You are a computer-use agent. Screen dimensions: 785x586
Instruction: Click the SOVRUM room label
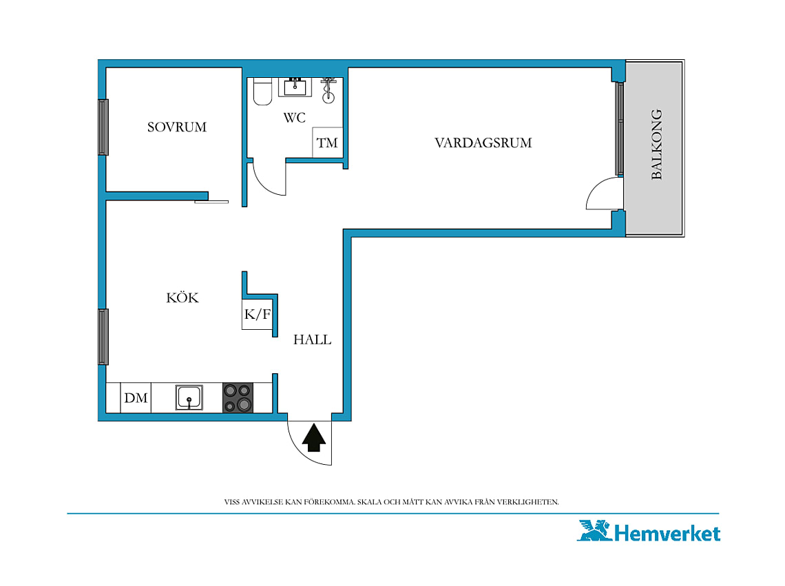click(177, 127)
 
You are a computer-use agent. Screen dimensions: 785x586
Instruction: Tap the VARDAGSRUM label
click(483, 143)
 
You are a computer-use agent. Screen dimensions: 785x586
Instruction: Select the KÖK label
click(182, 297)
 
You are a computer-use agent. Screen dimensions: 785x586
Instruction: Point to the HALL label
click(312, 339)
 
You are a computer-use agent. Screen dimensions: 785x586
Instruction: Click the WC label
click(295, 118)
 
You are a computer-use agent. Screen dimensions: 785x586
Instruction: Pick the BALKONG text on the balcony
click(656, 144)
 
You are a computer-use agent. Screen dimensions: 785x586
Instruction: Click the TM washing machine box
click(327, 143)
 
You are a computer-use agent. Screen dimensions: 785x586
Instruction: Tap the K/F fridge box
click(258, 314)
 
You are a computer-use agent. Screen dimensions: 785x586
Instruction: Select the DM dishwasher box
click(136, 398)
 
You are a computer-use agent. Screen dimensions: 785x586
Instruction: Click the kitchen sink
click(189, 398)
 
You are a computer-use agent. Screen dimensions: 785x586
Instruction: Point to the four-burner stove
click(238, 398)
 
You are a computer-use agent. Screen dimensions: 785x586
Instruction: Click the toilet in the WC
click(262, 91)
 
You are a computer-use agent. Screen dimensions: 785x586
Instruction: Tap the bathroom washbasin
click(295, 87)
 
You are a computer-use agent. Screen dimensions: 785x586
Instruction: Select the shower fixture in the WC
click(328, 90)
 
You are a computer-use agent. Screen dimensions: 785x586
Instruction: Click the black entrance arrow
click(314, 438)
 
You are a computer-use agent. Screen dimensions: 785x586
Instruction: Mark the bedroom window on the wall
click(103, 127)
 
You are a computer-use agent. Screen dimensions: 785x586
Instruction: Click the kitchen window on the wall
click(103, 337)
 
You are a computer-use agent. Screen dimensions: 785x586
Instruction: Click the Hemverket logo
click(649, 531)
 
